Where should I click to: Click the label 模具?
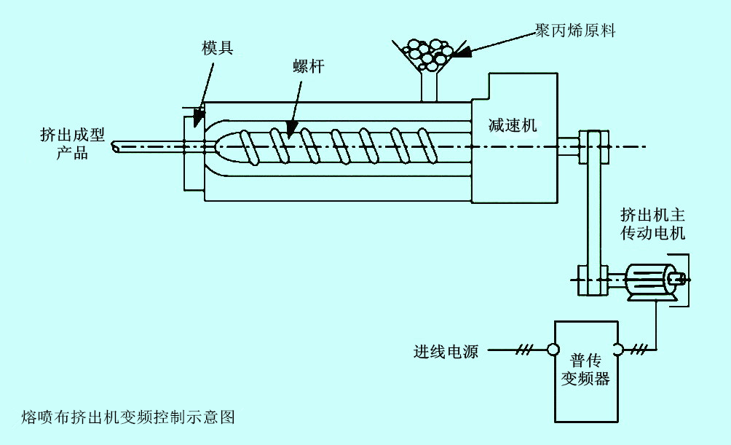coord(217,50)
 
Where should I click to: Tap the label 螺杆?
coord(308,66)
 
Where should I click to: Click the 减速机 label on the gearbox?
coord(513,125)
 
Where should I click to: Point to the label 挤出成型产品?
coord(73,143)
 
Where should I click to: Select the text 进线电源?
coord(446,352)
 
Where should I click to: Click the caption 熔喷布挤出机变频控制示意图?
coord(129,417)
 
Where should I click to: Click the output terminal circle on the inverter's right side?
coord(618,350)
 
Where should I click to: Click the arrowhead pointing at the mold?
coord(198,119)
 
